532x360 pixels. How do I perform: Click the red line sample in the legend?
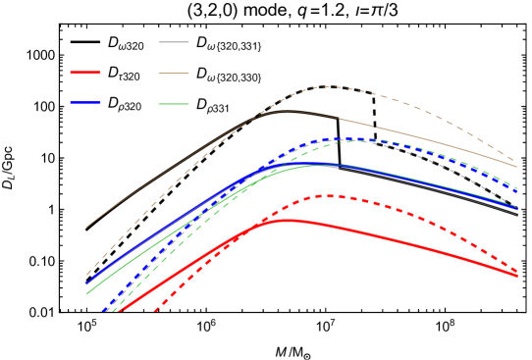pyautogui.click(x=85, y=73)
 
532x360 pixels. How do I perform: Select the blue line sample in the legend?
pyautogui.click(x=85, y=102)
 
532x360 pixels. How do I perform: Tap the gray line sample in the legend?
pyautogui.click(x=174, y=42)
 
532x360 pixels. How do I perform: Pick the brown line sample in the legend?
pyautogui.click(x=174, y=74)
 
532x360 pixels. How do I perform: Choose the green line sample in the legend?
pyautogui.click(x=174, y=104)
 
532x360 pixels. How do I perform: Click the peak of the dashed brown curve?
pyautogui.click(x=326, y=87)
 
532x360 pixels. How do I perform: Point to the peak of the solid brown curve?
pyautogui.click(x=286, y=111)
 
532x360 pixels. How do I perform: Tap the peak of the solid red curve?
pyautogui.click(x=288, y=221)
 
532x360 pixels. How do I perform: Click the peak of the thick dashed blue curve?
pyautogui.click(x=344, y=138)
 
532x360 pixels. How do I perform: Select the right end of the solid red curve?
pyautogui.click(x=517, y=277)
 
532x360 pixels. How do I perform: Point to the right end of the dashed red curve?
pyautogui.click(x=517, y=271)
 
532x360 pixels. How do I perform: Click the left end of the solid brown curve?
pyautogui.click(x=87, y=227)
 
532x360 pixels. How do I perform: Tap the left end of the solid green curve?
pyautogui.click(x=87, y=293)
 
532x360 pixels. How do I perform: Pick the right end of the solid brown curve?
pyautogui.click(x=517, y=167)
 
